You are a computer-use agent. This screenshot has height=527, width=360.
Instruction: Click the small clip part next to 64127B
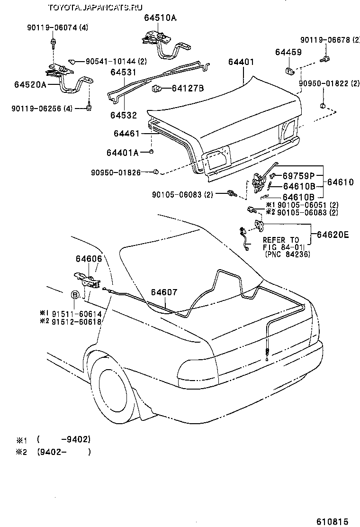[156, 88]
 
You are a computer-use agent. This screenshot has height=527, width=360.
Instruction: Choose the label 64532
[124, 115]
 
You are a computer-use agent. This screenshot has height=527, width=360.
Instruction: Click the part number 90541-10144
[110, 61]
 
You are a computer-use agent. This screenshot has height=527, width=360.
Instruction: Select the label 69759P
[298, 176]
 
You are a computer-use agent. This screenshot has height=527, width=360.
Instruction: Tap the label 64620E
[333, 234]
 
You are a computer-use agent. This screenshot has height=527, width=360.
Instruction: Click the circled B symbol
[75, 295]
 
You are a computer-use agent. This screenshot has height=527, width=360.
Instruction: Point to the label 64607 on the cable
[164, 292]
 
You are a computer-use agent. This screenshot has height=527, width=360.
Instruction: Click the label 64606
[89, 259]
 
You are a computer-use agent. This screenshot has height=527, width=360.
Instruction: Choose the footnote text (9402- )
[63, 452]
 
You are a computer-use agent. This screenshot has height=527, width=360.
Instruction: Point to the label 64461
[126, 134]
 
